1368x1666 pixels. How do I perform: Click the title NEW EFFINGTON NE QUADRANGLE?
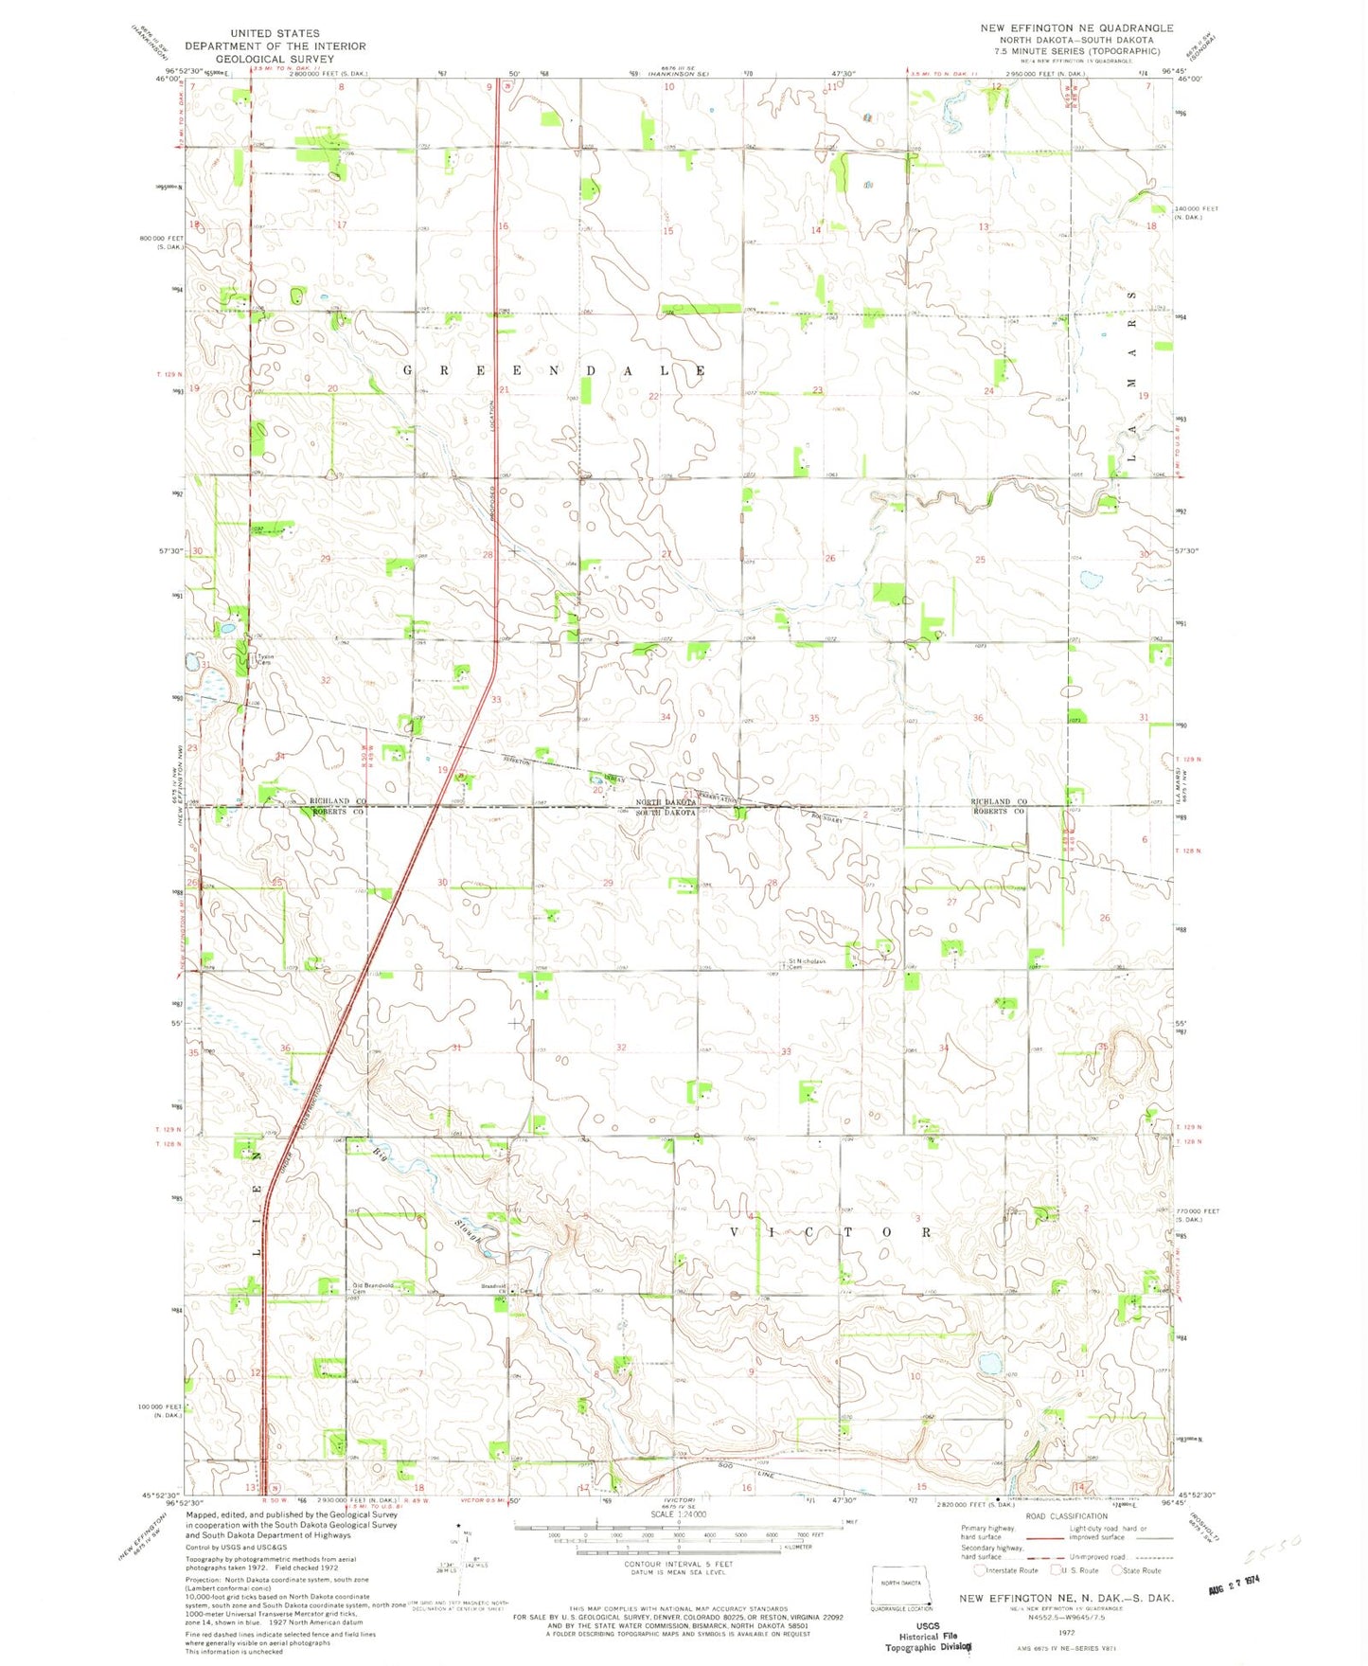pyautogui.click(x=1076, y=28)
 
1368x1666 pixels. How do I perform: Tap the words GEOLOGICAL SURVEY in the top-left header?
pyautogui.click(x=275, y=59)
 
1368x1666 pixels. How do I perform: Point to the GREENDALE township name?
pyautogui.click(x=554, y=370)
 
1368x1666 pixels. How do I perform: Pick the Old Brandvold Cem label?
pyautogui.click(x=372, y=1288)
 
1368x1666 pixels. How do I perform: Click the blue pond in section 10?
pyautogui.click(x=990, y=1364)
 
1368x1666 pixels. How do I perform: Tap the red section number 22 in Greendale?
pyautogui.click(x=653, y=396)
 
